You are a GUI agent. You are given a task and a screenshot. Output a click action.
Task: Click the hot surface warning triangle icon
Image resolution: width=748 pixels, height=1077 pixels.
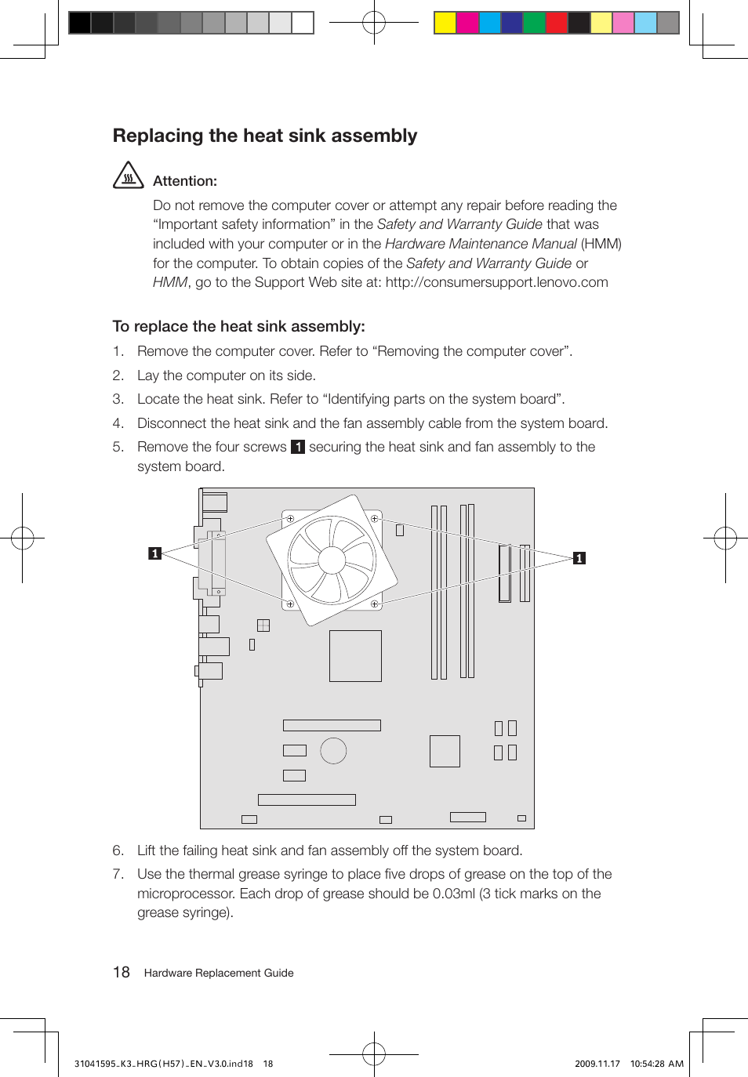128,176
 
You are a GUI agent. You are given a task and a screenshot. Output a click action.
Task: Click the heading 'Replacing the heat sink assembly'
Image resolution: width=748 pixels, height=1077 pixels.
265,136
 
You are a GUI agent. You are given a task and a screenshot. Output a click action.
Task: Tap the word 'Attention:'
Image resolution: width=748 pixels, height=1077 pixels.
185,181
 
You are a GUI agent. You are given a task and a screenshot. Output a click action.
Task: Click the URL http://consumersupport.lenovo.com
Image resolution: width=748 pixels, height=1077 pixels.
496,282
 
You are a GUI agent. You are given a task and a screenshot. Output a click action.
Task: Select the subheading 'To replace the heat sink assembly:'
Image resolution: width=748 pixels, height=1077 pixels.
238,326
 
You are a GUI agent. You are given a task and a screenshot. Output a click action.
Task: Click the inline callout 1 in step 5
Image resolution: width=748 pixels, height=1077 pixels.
298,447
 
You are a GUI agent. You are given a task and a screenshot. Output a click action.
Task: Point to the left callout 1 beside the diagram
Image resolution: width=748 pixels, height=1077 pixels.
154,553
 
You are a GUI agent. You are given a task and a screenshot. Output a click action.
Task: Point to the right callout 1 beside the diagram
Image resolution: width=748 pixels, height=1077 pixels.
579,558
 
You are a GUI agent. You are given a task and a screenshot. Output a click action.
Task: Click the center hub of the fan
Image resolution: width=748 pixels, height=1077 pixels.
332,560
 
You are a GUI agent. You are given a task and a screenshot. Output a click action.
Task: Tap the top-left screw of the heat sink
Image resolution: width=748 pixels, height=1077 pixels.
290,519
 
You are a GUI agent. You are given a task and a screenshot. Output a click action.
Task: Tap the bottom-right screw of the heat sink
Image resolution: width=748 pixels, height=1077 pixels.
375,604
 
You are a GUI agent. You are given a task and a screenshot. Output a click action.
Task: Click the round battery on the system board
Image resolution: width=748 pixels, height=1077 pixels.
333,750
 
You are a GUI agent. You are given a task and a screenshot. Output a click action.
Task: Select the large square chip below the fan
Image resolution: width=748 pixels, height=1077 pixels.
355,656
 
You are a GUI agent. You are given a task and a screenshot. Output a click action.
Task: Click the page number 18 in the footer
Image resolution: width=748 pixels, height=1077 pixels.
122,973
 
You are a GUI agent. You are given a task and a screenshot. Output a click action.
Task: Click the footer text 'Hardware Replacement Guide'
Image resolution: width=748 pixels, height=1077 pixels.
219,973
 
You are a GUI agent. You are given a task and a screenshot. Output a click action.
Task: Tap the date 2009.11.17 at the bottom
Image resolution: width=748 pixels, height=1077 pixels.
597,1064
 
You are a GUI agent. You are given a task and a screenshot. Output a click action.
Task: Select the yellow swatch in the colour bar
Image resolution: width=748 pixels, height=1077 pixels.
445,23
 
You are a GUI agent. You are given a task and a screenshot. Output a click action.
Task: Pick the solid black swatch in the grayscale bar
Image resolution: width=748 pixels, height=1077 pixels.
80,23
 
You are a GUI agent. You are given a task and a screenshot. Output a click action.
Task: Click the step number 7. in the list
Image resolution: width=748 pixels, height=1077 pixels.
118,874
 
